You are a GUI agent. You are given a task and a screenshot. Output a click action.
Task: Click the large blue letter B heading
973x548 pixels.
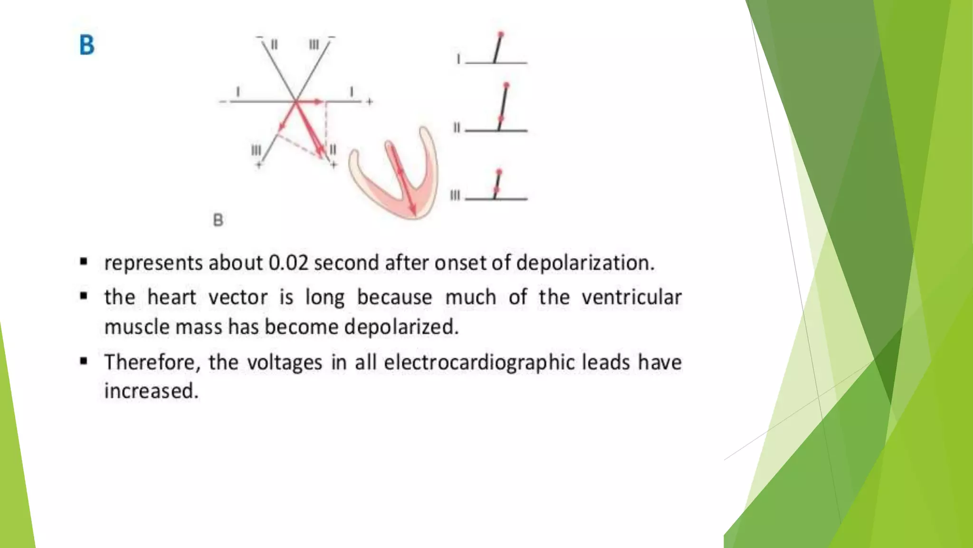point(87,45)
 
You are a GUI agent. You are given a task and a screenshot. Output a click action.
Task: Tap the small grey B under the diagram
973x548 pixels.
point(218,220)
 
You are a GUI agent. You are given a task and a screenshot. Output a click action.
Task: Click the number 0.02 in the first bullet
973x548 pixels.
point(288,263)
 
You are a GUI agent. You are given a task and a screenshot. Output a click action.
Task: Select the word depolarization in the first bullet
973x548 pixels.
point(585,263)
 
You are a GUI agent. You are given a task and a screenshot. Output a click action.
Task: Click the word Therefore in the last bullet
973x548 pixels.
point(150,362)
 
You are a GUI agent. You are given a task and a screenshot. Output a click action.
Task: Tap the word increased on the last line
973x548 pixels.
point(151,391)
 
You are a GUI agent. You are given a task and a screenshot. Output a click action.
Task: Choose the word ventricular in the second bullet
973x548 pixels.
point(631,297)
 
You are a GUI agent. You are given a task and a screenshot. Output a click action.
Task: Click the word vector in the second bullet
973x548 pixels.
point(238,297)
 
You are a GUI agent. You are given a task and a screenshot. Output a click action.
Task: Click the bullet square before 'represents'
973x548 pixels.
point(84,262)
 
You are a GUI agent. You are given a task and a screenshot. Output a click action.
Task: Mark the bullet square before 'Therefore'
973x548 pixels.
point(84,362)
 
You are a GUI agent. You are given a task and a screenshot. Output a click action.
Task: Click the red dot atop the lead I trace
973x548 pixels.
point(501,34)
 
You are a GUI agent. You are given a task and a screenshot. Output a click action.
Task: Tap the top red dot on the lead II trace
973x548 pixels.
point(506,86)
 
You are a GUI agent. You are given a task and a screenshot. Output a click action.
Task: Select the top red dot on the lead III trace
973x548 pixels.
point(499,171)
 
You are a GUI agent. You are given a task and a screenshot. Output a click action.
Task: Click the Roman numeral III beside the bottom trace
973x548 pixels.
point(455,196)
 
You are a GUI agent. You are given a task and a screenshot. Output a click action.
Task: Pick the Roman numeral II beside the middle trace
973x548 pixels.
point(457,127)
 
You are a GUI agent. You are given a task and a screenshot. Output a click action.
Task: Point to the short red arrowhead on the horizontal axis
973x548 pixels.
point(318,101)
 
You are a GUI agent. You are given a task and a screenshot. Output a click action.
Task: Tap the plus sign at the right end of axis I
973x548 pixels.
point(370,101)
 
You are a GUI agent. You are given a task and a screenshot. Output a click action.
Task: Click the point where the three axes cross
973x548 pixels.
point(296,101)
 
